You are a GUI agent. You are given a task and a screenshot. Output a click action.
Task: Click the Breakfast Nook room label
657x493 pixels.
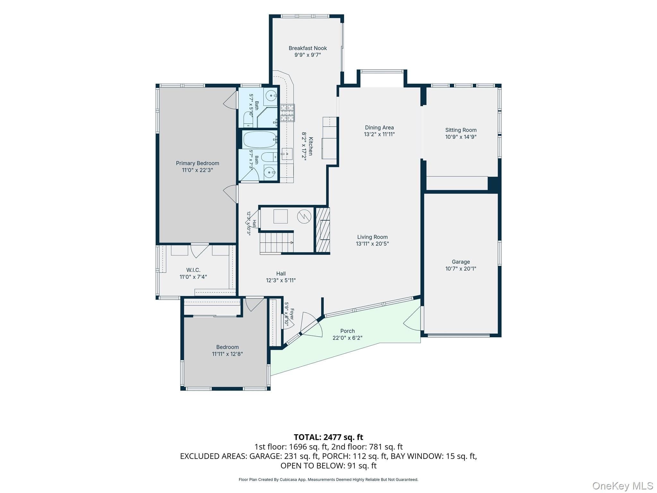point(308,48)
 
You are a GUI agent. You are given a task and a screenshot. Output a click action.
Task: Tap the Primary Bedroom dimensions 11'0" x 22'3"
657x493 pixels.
point(197,170)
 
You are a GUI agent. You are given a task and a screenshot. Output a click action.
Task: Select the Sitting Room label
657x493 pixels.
point(461,130)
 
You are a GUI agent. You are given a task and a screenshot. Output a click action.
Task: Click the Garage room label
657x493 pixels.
point(461,262)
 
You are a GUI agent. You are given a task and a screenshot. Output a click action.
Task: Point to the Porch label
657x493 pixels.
point(347,331)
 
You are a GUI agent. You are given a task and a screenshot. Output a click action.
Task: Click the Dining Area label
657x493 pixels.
point(379,127)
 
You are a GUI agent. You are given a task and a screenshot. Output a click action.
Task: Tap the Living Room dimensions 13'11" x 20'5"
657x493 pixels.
point(372,244)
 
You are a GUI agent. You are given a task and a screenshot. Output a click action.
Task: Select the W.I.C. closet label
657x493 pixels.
point(193,270)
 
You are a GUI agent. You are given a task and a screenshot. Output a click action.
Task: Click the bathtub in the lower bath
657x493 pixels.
point(260,140)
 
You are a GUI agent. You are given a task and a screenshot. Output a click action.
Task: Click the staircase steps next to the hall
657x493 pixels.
point(277,243)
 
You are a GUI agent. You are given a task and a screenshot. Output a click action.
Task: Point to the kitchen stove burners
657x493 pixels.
point(287,113)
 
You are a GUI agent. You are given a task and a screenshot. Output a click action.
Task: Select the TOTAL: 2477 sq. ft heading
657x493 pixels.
point(328,437)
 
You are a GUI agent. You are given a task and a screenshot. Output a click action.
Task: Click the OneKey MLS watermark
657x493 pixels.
point(622,485)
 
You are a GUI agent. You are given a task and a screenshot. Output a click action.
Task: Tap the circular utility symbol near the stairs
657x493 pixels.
point(304,217)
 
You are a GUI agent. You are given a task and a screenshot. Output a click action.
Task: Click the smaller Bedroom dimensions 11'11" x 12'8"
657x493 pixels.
point(227,354)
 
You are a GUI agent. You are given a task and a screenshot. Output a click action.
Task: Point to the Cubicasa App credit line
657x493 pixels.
point(328,480)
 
